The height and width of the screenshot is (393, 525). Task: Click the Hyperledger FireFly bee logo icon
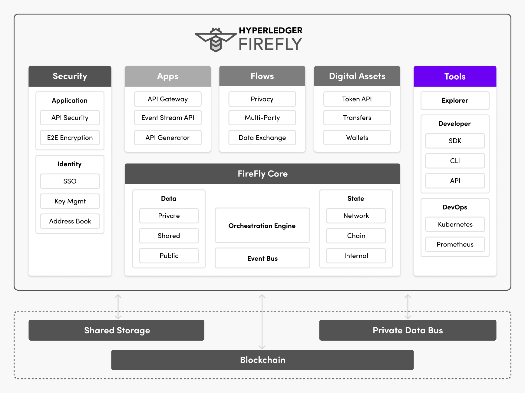(216, 40)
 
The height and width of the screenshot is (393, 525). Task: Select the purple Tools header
(455, 76)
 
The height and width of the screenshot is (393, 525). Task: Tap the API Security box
(70, 118)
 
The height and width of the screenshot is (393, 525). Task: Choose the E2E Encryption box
(70, 138)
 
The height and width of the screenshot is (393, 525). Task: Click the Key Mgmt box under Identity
(70, 201)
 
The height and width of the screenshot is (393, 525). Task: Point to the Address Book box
(70, 221)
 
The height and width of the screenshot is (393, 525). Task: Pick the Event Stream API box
(168, 118)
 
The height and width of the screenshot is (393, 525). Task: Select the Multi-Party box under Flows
(262, 118)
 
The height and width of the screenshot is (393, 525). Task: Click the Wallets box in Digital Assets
(357, 138)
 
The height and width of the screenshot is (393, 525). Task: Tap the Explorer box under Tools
(455, 101)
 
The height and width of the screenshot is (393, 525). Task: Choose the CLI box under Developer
(455, 161)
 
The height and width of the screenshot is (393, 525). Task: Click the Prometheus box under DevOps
(455, 244)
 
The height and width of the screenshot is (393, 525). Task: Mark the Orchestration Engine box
(262, 226)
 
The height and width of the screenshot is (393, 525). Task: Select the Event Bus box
(262, 258)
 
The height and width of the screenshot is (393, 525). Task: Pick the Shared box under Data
(169, 236)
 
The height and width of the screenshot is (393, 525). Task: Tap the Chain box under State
(356, 236)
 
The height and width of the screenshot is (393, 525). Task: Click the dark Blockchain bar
(262, 360)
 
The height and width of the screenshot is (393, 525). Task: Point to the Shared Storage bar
(117, 330)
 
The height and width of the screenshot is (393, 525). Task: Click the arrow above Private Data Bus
(408, 307)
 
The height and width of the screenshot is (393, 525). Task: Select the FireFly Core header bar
(262, 174)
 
